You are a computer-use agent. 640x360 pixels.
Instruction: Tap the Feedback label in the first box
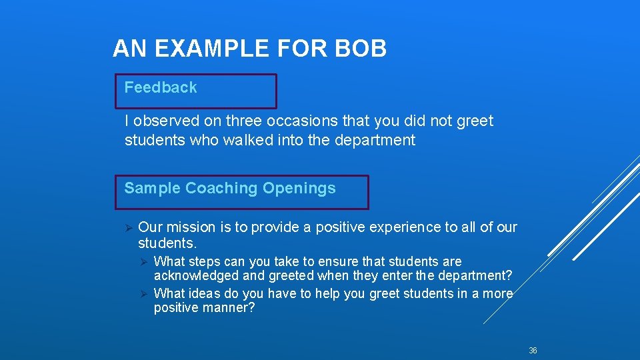(161, 87)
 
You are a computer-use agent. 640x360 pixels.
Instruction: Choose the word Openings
(299, 189)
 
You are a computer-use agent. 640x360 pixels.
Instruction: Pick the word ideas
(207, 294)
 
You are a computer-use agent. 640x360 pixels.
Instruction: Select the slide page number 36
(533, 351)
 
